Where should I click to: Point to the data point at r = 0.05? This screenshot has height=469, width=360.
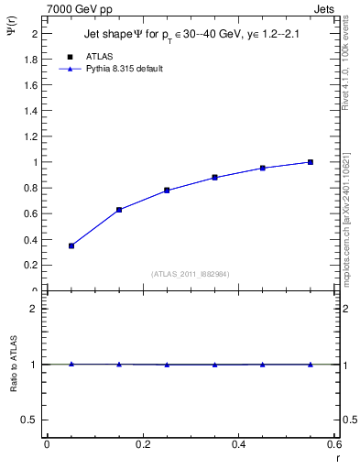(71, 245)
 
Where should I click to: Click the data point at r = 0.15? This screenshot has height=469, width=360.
(119, 210)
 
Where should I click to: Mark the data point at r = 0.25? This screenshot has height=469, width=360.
(167, 191)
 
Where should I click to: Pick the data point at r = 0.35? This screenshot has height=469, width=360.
(214, 178)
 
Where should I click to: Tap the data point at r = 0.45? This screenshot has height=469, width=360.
(263, 168)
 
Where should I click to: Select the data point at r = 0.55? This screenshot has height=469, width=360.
(311, 162)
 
